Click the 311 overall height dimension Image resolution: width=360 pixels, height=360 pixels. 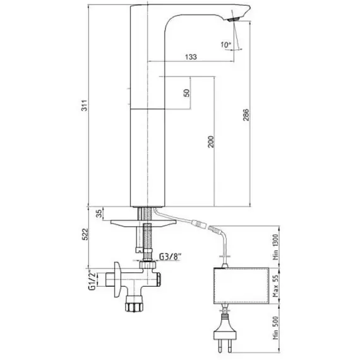click(85, 105)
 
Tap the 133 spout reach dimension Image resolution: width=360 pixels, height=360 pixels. click(191, 57)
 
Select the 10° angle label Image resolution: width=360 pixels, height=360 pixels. click(226, 45)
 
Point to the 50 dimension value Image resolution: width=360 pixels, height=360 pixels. click(187, 93)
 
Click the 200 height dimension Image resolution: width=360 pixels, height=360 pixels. click(211, 141)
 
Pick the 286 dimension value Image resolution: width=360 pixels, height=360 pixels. click(246, 115)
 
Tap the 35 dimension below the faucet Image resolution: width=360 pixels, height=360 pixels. click(99, 213)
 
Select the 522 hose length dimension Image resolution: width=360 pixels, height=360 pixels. click(85, 234)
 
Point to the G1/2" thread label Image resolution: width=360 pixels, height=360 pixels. click(92, 280)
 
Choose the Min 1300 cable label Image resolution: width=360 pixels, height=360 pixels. click(275, 247)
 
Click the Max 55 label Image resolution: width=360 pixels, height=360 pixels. click(275, 286)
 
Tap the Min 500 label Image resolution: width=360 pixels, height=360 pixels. click(275, 328)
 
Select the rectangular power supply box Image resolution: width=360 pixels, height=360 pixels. click(241, 286)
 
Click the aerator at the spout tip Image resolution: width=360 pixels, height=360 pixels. click(234, 20)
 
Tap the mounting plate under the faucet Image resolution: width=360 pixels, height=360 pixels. click(143, 224)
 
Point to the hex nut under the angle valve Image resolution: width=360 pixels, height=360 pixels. click(135, 307)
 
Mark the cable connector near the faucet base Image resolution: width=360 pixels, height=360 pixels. click(199, 224)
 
